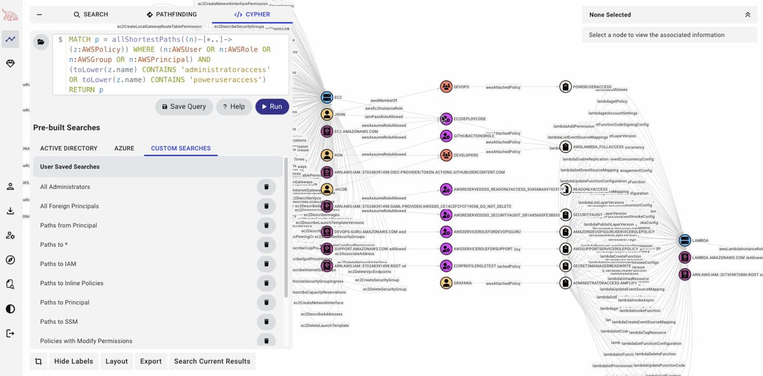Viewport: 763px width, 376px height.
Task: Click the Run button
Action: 272,107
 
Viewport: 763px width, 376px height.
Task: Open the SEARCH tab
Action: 91,15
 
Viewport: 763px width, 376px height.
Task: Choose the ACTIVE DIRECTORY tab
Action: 69,149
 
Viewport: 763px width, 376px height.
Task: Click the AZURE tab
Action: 124,149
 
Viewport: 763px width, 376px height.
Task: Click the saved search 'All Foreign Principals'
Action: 69,206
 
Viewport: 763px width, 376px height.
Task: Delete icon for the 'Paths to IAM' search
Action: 266,264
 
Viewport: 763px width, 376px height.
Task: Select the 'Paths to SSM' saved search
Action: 59,322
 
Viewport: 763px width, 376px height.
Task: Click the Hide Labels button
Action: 73,361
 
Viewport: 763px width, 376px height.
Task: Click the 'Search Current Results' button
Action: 212,361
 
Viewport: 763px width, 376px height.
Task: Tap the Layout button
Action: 116,361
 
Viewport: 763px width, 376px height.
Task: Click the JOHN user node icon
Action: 327,115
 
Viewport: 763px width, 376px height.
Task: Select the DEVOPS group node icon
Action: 446,86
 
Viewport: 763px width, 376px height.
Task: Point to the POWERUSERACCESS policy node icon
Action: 565,86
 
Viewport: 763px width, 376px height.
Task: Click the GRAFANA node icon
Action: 446,283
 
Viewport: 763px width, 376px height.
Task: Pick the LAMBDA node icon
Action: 684,240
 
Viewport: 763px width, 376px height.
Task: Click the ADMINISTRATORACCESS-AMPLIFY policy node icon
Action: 565,283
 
